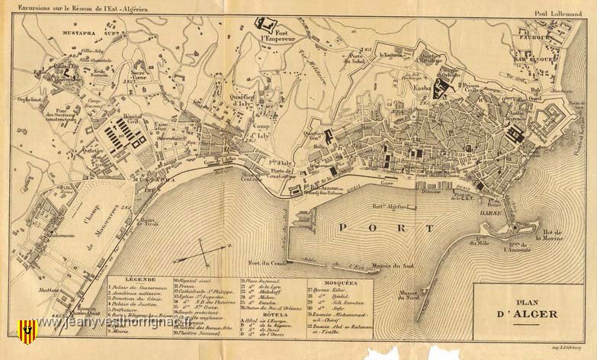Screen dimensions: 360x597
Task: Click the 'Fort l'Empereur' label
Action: [275, 36]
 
